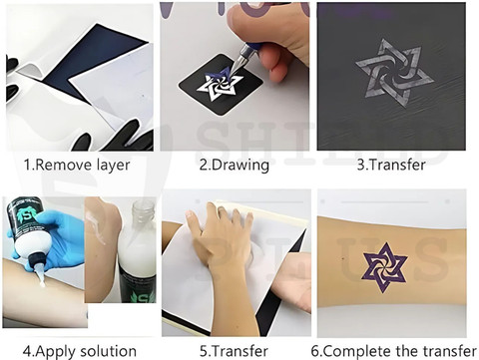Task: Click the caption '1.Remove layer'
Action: click(x=77, y=165)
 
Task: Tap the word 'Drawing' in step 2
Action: click(x=240, y=165)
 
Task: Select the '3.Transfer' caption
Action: click(x=391, y=165)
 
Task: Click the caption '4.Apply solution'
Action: click(x=80, y=351)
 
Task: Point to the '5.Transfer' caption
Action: click(x=234, y=351)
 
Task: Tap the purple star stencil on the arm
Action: click(x=385, y=267)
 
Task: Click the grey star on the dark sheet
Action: click(x=394, y=73)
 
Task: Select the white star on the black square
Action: click(x=220, y=84)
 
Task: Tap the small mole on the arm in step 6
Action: click(x=343, y=258)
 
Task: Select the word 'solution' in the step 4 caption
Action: click(x=109, y=351)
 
